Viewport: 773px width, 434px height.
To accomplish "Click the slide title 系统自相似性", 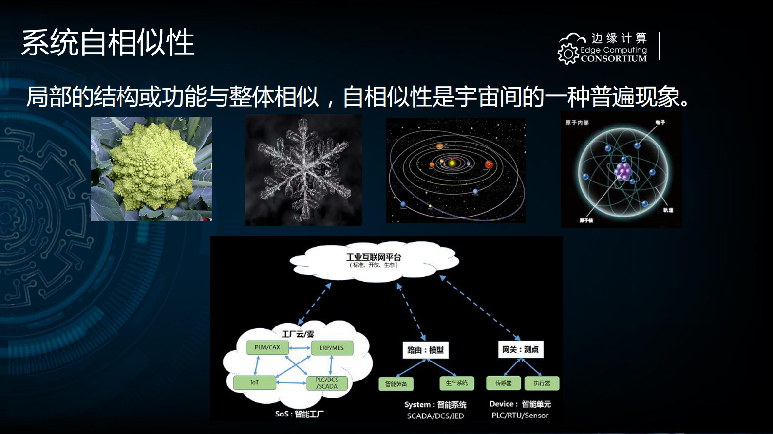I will point(108,43).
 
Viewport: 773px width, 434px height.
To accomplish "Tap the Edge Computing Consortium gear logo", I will point(568,54).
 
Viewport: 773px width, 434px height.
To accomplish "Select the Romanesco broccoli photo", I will point(151,169).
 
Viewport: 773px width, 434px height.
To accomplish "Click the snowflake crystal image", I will point(303,170).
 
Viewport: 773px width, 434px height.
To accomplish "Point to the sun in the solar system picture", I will point(452,163).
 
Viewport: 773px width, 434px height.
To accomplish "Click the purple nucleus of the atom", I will point(623,171).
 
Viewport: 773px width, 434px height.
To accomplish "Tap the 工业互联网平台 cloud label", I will point(374,257).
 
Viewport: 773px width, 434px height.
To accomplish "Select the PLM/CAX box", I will point(267,347).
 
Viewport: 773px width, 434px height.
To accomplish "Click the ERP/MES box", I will point(331,348).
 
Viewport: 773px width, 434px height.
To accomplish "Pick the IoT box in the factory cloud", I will point(254,383).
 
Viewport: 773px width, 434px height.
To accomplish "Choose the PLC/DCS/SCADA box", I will point(327,383).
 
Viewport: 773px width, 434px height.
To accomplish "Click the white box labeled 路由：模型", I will point(425,350).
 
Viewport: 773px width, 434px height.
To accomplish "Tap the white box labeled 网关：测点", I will point(520,349).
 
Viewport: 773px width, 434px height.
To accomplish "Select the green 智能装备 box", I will point(396,384).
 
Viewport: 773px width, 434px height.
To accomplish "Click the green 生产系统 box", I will point(456,383).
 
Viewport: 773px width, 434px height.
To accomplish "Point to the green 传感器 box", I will point(503,383).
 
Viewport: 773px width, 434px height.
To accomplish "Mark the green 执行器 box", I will point(542,383).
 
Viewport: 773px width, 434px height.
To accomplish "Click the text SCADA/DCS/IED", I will point(435,416).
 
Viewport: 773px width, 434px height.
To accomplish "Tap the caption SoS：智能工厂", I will point(299,414).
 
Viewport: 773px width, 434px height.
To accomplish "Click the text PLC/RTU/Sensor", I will point(520,416).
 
